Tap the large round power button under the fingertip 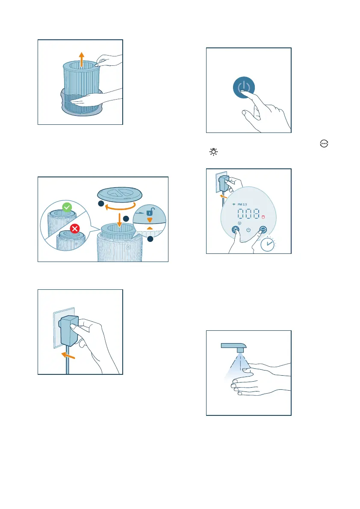click(244, 87)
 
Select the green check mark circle click(67, 207)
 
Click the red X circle click(75, 229)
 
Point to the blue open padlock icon click(150, 212)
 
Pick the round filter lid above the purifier click(120, 194)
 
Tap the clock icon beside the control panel click(268, 244)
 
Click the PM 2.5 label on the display click(242, 205)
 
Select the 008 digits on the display click(248, 214)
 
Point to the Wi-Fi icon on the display click(234, 205)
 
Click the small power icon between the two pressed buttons click(248, 230)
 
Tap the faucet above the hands click(234, 347)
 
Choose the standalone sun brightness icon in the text click(214, 152)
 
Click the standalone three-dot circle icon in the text click(324, 144)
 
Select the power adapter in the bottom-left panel click(68, 330)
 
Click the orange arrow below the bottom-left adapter click(68, 356)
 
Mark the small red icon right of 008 click(263, 217)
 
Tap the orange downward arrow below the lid click(119, 220)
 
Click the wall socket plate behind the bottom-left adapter click(64, 327)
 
